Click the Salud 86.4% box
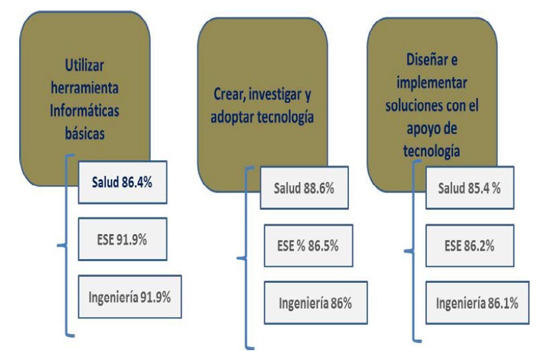pos(123,181)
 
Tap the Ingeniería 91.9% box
pos(129,295)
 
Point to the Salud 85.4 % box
pos(470,189)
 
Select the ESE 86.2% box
pos(470,246)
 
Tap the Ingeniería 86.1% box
pos(477,303)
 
